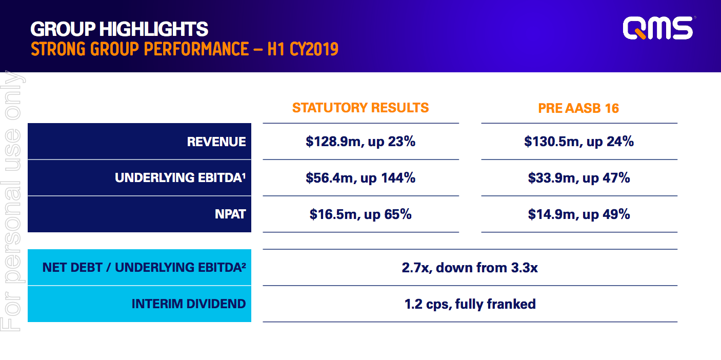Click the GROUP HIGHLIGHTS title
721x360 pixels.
pos(119,29)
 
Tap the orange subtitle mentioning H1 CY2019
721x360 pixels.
pos(184,49)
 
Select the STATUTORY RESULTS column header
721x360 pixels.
pos(360,108)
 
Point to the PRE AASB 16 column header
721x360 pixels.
pos(578,108)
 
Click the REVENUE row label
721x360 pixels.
pos(216,142)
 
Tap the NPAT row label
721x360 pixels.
pos(230,214)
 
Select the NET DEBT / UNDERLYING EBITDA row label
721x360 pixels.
pos(144,267)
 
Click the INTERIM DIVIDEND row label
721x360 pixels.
pos(189,304)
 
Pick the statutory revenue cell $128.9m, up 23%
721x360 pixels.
pos(360,142)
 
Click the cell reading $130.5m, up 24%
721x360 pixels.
pos(579,142)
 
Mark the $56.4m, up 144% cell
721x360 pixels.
pos(360,178)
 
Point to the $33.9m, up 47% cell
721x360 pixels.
pos(579,178)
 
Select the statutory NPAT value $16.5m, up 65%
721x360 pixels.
pos(360,214)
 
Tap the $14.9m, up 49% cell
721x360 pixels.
pos(579,214)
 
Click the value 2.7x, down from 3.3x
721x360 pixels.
pos(470,267)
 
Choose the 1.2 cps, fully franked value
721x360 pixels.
pos(470,304)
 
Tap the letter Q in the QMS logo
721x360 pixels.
pos(635,29)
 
